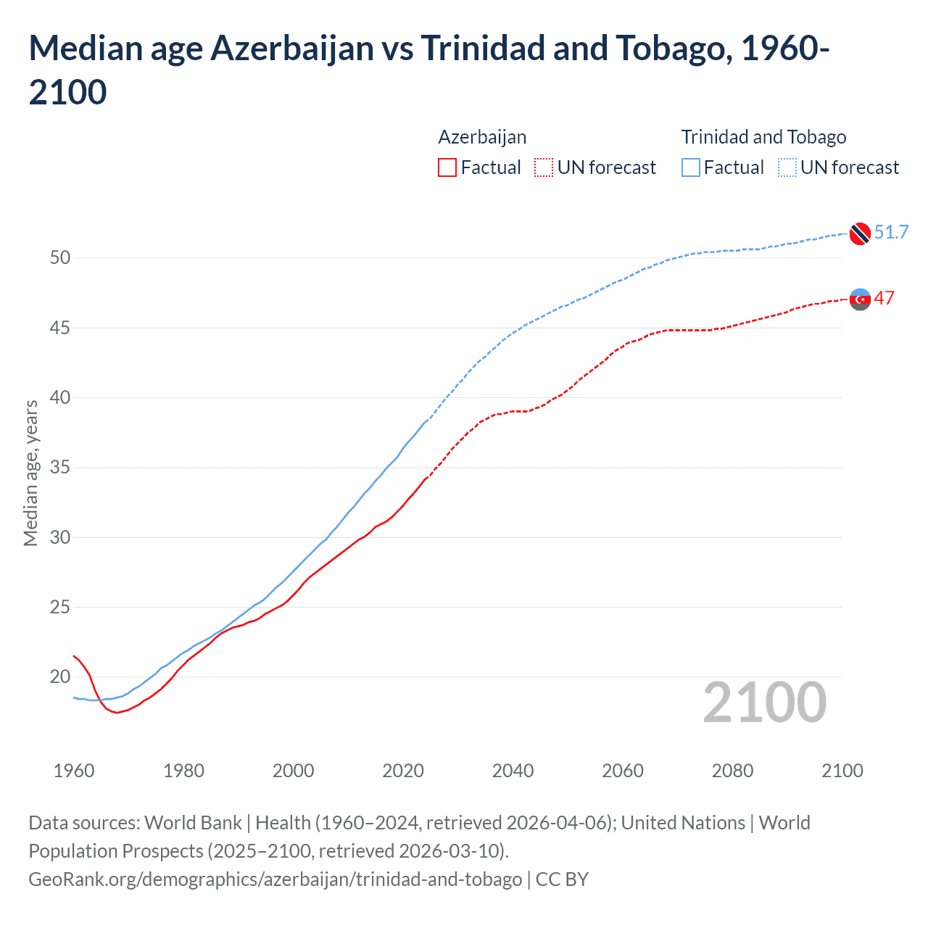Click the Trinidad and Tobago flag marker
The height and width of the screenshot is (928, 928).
[860, 233]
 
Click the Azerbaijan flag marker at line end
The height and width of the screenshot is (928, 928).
[860, 299]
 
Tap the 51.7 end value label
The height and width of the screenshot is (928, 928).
[891, 232]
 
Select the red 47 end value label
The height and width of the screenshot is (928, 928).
[884, 298]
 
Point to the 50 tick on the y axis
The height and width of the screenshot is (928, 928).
[60, 258]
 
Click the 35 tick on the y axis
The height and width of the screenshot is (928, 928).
[60, 468]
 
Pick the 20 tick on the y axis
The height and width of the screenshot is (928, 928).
[60, 677]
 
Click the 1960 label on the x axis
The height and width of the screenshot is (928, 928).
[74, 771]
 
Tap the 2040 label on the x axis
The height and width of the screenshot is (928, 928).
[513, 771]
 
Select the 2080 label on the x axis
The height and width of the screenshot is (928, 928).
[732, 771]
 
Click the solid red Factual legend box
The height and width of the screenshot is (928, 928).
[447, 167]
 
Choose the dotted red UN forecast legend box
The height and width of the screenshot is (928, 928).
[544, 167]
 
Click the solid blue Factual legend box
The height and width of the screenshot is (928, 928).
[691, 167]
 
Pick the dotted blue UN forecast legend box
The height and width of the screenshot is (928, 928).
[787, 167]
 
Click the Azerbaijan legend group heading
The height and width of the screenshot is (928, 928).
[482, 137]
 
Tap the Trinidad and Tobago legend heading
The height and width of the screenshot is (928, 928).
[763, 137]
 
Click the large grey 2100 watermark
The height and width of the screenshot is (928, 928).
[765, 703]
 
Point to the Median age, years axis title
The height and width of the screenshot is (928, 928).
[30, 473]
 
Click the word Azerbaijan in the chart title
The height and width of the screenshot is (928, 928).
[292, 49]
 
